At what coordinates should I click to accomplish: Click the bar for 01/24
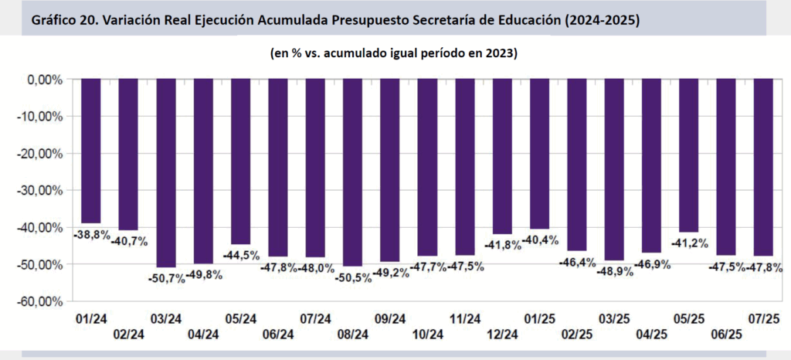pos(91,151)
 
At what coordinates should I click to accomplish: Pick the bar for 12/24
pos(501,156)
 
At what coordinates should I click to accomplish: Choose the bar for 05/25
pos(687,155)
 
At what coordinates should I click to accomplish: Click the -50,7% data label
pos(165,278)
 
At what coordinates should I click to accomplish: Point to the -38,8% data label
pos(91,233)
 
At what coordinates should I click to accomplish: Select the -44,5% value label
pos(240,255)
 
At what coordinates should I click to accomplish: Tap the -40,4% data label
pos(539,239)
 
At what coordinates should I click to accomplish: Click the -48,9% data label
pos(613,271)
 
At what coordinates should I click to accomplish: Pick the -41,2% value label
pos(688,243)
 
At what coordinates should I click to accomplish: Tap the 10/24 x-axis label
pos(427,334)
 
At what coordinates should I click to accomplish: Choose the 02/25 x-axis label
pos(576,334)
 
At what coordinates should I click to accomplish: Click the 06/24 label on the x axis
pos(278,334)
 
